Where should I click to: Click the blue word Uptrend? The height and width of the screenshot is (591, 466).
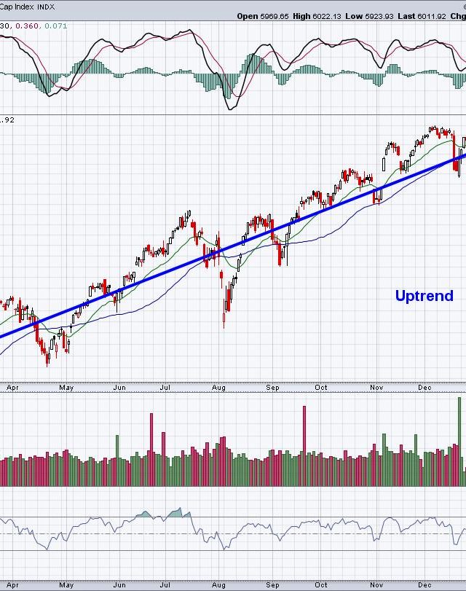click(x=424, y=296)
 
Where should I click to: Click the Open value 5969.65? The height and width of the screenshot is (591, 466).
click(x=275, y=15)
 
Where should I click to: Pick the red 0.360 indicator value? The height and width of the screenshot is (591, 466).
click(x=28, y=26)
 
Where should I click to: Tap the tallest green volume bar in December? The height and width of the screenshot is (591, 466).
click(x=459, y=441)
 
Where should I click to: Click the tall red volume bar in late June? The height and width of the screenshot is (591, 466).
click(x=151, y=449)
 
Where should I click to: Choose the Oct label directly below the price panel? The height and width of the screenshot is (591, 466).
click(x=321, y=388)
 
